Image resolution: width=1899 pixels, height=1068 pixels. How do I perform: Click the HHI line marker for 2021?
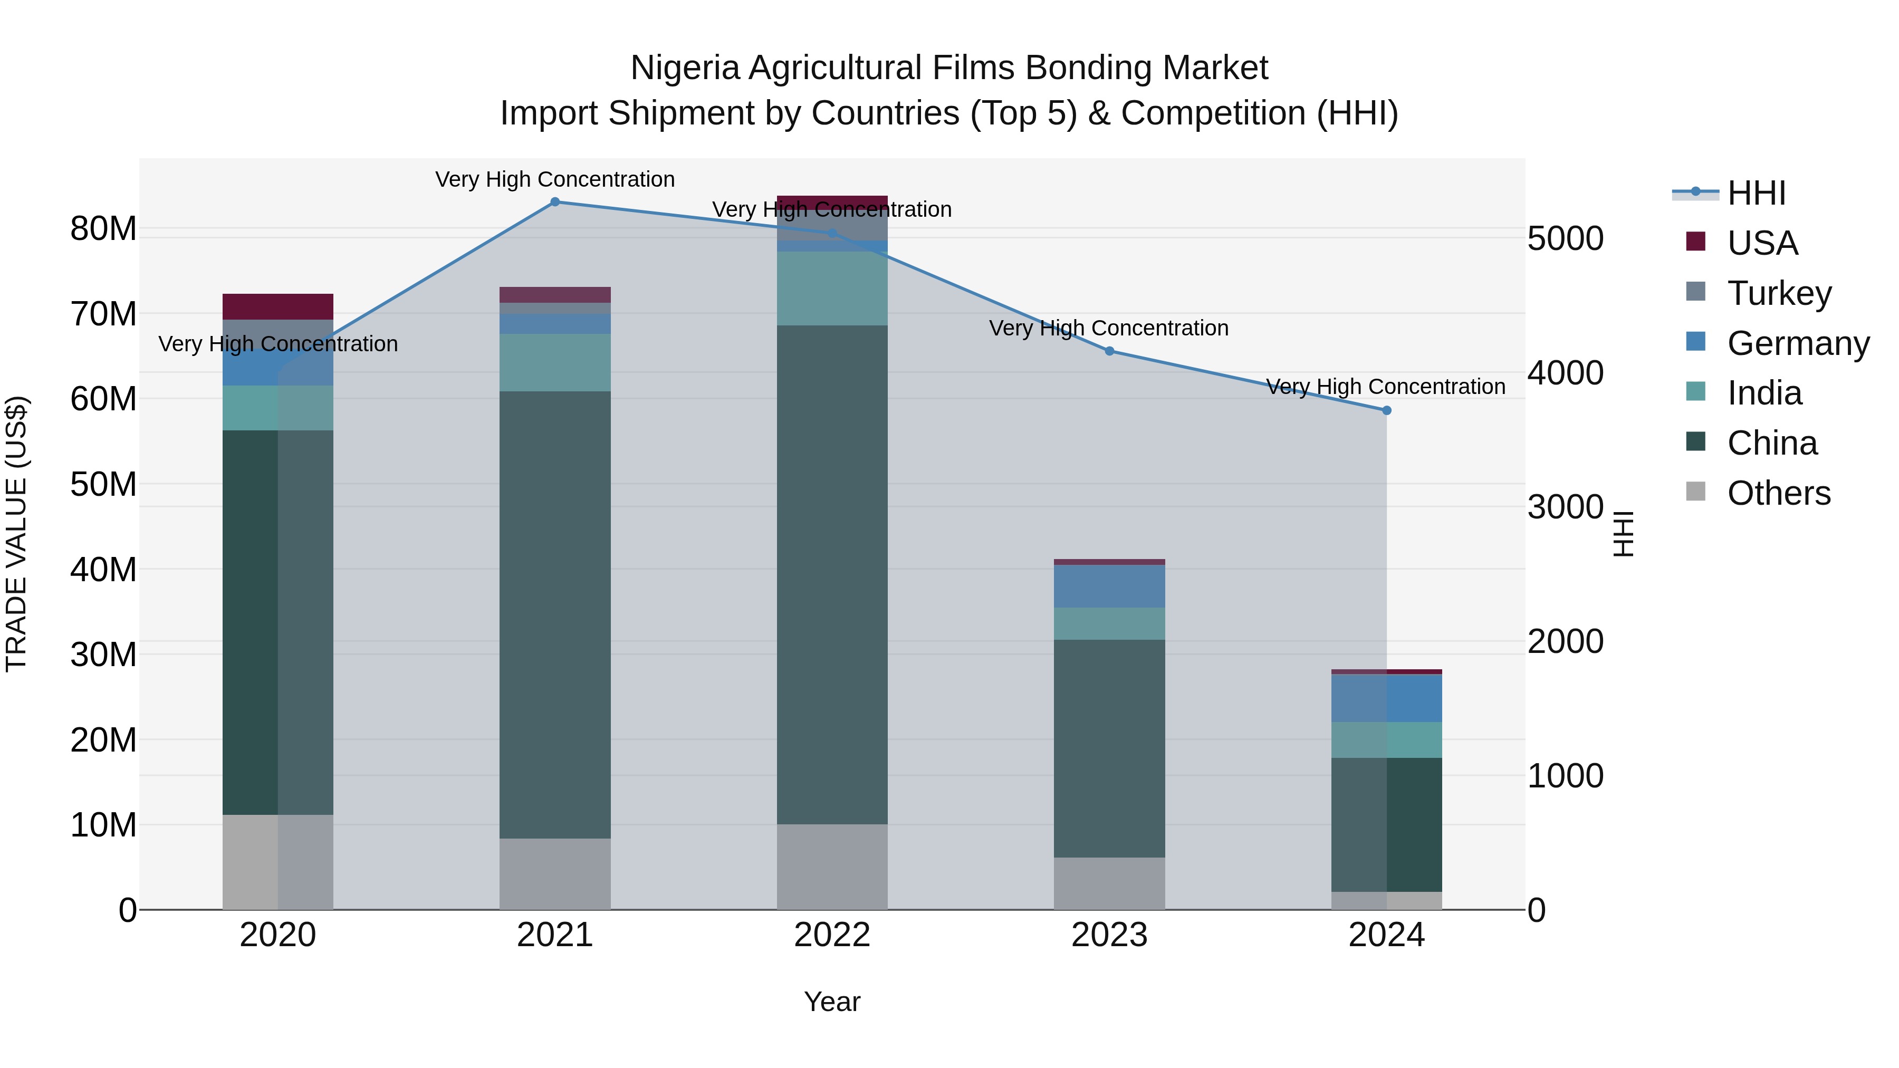pyautogui.click(x=555, y=202)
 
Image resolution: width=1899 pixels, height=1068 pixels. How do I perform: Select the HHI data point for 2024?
pyautogui.click(x=1387, y=410)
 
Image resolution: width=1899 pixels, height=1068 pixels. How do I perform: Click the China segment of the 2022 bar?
pyautogui.click(x=832, y=575)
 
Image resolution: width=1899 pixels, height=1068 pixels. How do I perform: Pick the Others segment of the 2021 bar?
pyautogui.click(x=555, y=873)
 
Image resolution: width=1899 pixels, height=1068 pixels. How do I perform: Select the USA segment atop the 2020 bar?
pyautogui.click(x=278, y=306)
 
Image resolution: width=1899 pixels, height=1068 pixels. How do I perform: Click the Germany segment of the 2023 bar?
pyautogui.click(x=1109, y=586)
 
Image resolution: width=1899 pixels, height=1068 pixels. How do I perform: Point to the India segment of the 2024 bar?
pyautogui.click(x=1387, y=740)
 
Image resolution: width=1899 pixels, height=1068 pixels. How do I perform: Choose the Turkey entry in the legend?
pyautogui.click(x=1779, y=293)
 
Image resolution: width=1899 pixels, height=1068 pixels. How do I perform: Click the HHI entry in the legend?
pyautogui.click(x=1756, y=193)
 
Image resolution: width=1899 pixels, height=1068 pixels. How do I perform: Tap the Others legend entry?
pyautogui.click(x=1778, y=493)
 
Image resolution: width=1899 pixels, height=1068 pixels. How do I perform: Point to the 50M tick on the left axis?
pyautogui.click(x=103, y=484)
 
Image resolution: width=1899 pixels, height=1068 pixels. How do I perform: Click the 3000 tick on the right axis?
pyautogui.click(x=1565, y=507)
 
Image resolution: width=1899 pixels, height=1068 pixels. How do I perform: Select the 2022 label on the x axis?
pyautogui.click(x=832, y=935)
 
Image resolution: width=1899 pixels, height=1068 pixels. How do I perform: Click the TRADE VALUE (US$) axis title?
pyautogui.click(x=17, y=534)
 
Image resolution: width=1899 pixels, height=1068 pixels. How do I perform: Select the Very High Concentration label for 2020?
pyautogui.click(x=278, y=344)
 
